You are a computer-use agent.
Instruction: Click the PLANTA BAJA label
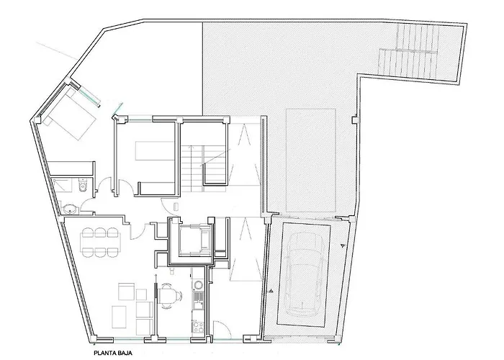tap(113, 354)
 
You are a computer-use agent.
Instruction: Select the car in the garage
tap(304, 274)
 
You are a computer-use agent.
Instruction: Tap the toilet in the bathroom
tap(83, 186)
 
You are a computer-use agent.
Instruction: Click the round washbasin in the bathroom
tap(70, 210)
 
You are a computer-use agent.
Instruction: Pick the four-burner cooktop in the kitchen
tap(199, 327)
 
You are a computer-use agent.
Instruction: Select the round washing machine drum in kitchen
tap(198, 284)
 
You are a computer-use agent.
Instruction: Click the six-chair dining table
tap(100, 243)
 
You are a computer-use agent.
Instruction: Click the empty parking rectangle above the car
tap(311, 160)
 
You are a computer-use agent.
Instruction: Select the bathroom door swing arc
tap(87, 205)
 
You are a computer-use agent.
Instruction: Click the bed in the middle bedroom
tap(155, 150)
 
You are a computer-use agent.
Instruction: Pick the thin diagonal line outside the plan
tap(57, 50)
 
